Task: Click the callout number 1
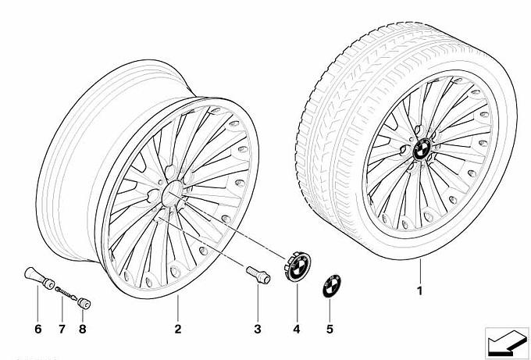[419, 291]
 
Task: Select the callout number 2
[178, 329]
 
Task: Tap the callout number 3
[258, 329]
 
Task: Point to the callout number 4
[297, 329]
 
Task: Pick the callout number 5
[330, 329]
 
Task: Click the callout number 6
[38, 329]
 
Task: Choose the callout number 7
[62, 329]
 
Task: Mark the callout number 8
[82, 329]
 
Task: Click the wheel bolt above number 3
[258, 275]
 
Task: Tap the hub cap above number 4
[298, 266]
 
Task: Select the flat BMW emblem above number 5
[332, 287]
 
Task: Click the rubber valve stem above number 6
[40, 278]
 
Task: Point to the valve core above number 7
[66, 294]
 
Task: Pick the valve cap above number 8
[84, 304]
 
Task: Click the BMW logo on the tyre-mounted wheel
[422, 149]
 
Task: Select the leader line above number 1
[420, 271]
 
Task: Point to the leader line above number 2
[177, 308]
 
